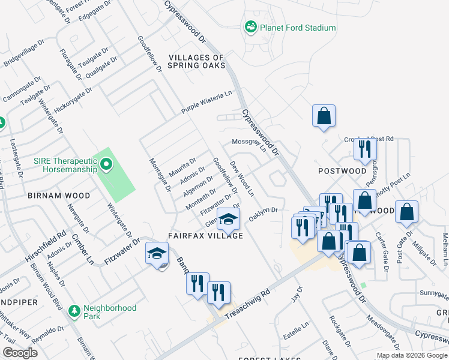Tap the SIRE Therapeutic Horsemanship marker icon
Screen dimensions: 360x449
coord(106,163)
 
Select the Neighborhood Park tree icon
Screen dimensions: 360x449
coord(74,311)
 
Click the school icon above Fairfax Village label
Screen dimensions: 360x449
coord(228,219)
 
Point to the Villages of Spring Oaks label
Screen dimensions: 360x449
coord(196,61)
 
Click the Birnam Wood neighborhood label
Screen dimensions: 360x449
coord(58,196)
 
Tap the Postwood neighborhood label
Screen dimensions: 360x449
coord(342,171)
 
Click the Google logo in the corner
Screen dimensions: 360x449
coord(20,353)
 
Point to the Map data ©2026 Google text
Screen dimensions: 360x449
coord(412,355)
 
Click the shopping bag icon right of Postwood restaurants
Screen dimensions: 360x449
coord(407,211)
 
